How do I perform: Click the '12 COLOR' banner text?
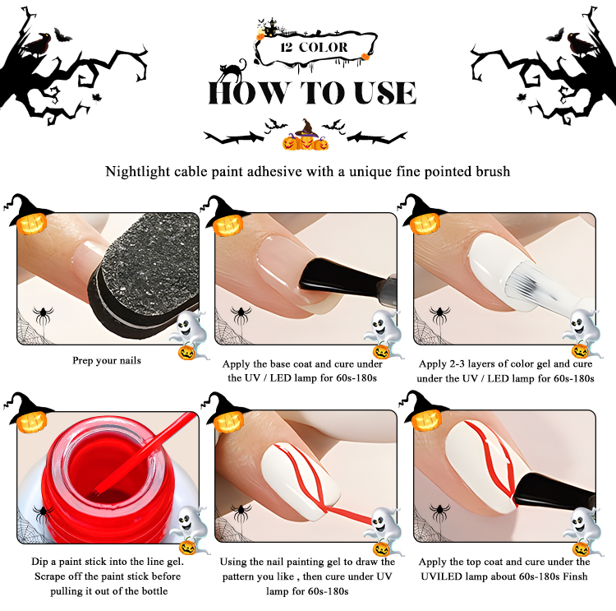pos(314,48)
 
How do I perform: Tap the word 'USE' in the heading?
pos(385,93)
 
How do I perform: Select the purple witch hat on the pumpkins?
pos(306,128)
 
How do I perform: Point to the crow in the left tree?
pos(36,44)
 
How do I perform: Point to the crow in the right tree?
pos(580,44)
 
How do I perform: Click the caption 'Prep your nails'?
pos(107,360)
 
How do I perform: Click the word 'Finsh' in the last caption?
pos(575,576)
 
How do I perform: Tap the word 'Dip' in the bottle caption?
pos(39,562)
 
